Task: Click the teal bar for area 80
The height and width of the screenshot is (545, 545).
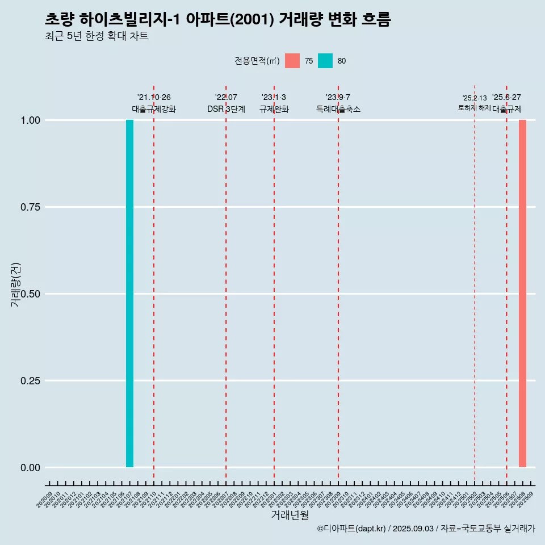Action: pos(129,294)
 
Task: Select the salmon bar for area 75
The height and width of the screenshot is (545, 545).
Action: pos(522,294)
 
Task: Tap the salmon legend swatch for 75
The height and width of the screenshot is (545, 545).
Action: pos(292,61)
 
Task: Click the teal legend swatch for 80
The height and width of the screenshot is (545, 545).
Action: pos(325,61)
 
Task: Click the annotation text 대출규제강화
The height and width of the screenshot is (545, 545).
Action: pos(154,109)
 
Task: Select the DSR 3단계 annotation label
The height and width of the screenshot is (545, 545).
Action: pos(226,109)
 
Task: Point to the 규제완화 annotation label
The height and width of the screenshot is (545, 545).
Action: pos(274,109)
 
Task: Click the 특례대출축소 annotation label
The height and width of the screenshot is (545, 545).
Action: pos(338,109)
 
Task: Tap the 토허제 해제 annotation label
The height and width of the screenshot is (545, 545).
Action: pos(474,108)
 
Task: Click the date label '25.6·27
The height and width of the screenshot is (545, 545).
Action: pos(506,98)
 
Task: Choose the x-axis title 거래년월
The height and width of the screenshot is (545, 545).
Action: pos(290,515)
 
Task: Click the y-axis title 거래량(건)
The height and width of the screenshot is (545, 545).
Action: pos(15,284)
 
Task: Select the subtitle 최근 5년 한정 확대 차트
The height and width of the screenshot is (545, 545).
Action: pos(97,36)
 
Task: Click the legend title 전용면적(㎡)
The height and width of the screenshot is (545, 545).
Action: pos(257,61)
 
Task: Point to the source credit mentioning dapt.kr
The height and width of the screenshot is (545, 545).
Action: pos(426,529)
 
